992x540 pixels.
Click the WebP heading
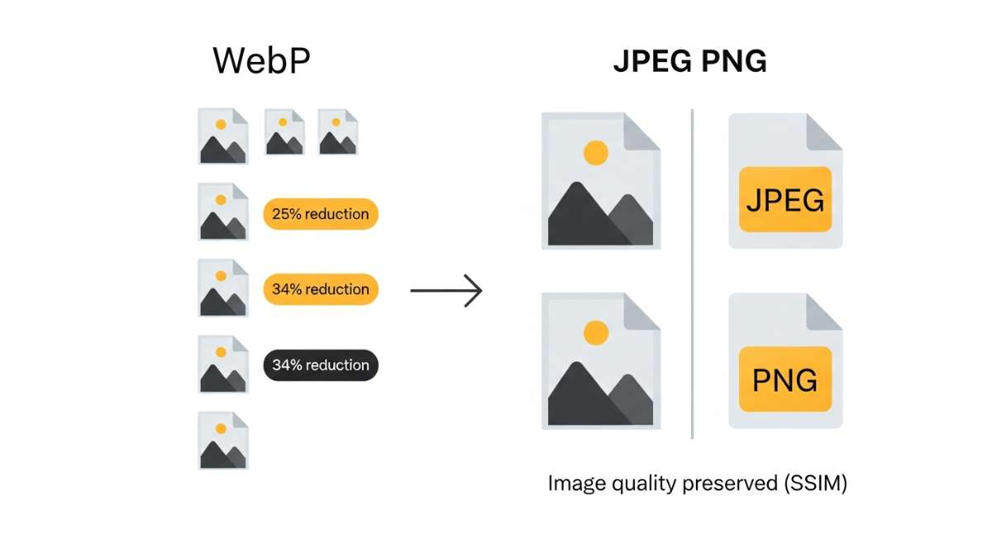(261, 61)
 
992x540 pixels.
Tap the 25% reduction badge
(320, 214)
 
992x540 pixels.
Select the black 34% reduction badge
(320, 365)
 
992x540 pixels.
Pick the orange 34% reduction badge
(320, 289)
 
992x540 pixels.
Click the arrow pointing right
(446, 290)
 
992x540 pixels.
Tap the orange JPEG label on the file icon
(785, 201)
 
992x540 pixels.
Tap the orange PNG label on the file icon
(785, 380)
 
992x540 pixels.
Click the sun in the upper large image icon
(595, 153)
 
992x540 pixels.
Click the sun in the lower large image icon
(595, 333)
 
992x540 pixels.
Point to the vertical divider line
(693, 272)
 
